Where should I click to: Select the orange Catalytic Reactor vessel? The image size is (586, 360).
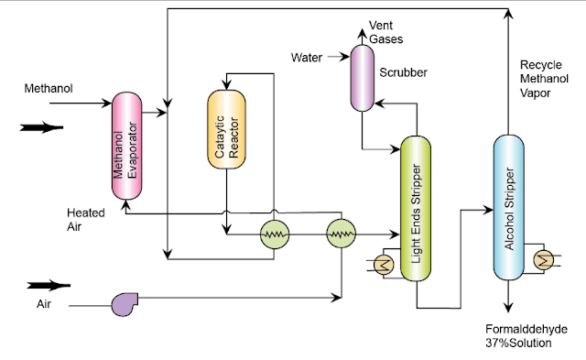pos(227,128)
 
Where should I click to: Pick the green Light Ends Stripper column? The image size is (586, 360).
pos(418,209)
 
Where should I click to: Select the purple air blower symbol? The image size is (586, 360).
pos(124,302)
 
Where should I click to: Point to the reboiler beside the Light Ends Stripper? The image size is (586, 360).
pos(382,265)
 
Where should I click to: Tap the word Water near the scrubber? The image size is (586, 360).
pos(306,58)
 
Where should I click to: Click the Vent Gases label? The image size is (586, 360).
pos(385,33)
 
